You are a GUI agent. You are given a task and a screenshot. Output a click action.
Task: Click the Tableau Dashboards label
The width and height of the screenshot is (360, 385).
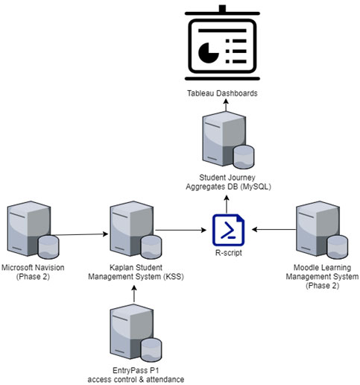[222, 93]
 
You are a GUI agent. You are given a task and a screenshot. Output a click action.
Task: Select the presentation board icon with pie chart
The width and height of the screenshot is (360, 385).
[222, 43]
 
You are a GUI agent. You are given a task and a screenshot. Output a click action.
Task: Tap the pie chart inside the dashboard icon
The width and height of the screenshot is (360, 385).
[208, 53]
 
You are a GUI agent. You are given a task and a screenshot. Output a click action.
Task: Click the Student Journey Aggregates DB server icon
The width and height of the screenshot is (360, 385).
[228, 140]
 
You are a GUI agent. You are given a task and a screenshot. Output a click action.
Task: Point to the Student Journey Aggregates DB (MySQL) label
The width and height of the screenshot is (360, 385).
[228, 182]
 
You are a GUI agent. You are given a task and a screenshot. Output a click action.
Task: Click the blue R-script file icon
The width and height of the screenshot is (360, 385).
[228, 230]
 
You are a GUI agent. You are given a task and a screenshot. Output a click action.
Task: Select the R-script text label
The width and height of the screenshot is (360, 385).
[228, 253]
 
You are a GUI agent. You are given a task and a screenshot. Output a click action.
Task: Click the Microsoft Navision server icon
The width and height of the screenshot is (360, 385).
[33, 230]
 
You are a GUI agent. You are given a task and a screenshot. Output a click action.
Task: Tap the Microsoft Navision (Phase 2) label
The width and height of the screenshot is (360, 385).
[33, 272]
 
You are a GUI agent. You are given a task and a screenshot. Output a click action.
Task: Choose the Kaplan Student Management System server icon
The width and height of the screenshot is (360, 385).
[136, 230]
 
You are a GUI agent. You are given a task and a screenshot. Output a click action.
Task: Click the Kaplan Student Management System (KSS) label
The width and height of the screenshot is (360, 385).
[136, 272]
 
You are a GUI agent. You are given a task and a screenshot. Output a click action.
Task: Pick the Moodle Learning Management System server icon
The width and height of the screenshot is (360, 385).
[322, 230]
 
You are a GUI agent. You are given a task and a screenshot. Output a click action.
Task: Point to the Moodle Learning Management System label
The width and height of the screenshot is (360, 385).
[322, 276]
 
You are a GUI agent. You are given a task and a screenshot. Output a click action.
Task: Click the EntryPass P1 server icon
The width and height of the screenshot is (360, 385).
[136, 333]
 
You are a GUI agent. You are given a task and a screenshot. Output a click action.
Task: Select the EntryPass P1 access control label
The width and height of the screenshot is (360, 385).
[136, 375]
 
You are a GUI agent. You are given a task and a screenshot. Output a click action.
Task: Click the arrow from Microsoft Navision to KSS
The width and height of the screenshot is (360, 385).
[81, 234]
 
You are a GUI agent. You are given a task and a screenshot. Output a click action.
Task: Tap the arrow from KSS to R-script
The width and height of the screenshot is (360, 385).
[180, 230]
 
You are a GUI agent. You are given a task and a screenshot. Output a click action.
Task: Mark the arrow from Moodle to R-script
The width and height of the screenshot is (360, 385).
[274, 229]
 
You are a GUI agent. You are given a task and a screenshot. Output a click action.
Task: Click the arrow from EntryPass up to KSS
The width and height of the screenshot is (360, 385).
[134, 294]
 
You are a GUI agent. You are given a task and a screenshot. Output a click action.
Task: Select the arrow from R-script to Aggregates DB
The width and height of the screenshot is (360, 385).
[227, 204]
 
